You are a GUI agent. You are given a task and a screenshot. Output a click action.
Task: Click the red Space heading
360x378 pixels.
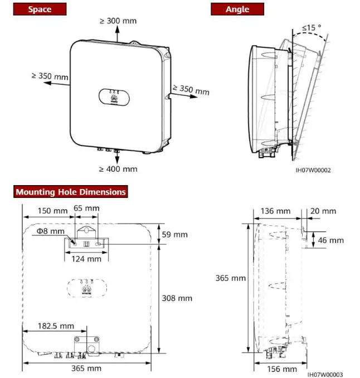click(x=40, y=9)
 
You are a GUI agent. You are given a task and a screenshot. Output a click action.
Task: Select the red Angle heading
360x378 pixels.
click(x=237, y=9)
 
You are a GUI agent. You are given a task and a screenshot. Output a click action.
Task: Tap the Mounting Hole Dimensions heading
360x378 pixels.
click(x=71, y=192)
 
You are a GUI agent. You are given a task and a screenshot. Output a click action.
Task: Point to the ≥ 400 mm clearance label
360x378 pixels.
click(x=118, y=168)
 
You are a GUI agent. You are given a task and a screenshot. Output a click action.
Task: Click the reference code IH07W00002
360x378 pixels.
click(x=313, y=170)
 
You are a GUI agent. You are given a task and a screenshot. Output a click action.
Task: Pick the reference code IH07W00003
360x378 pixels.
click(x=324, y=375)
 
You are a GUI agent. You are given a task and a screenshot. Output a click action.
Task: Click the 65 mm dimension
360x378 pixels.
click(x=86, y=208)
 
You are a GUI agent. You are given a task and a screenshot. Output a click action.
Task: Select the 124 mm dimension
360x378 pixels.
click(x=86, y=259)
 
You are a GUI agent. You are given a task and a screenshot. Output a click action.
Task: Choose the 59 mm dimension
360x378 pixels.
click(x=174, y=235)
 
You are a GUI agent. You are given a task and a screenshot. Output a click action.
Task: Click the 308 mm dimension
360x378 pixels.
click(x=176, y=298)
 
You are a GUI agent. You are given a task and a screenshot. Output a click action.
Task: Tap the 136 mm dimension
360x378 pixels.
click(x=275, y=211)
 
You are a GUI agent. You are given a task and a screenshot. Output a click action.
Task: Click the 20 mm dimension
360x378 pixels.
click(x=324, y=211)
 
